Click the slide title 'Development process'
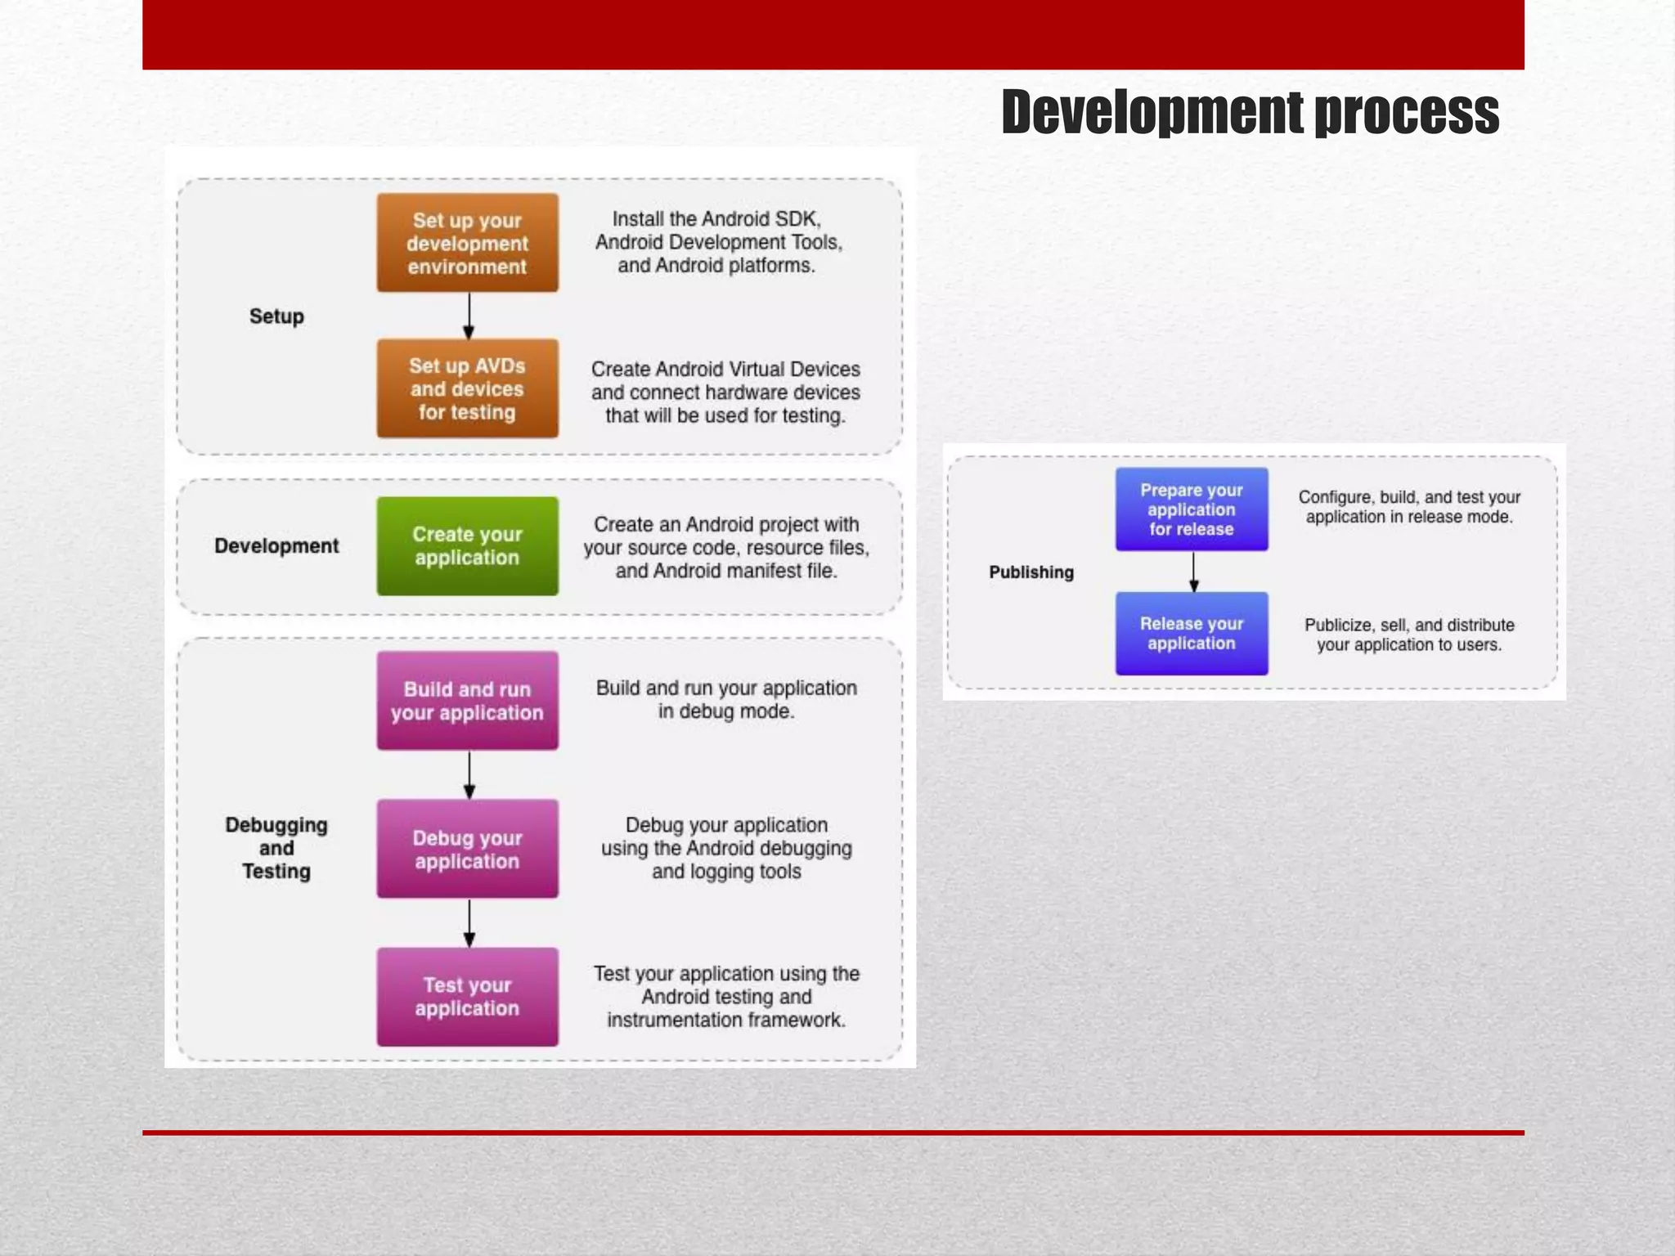pos(1250,112)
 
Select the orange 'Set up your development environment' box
pos(467,243)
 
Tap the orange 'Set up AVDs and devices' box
pos(467,388)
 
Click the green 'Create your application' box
pos(467,545)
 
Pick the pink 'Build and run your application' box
pos(467,701)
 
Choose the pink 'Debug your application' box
pos(467,849)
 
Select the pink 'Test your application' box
pos(467,997)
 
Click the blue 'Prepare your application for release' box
pos(1191,509)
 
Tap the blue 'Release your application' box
pos(1191,633)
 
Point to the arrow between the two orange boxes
pos(469,316)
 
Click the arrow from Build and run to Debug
pos(469,775)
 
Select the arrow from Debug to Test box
pos(469,923)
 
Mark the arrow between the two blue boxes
pos(1193,572)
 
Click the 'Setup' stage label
pos(276,316)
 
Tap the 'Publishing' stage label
pos(1031,572)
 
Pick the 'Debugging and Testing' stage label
pos(276,848)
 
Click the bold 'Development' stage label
pos(276,546)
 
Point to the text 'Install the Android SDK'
pos(716,219)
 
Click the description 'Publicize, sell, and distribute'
pos(1408,625)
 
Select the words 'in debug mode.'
pos(726,711)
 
